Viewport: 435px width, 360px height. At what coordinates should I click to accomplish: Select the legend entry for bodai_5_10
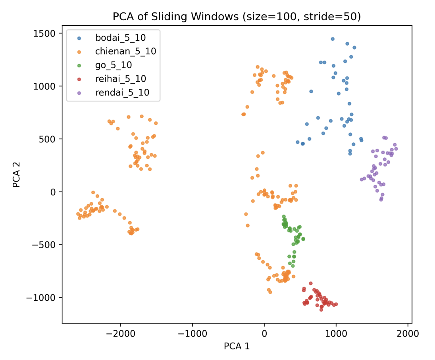(120, 38)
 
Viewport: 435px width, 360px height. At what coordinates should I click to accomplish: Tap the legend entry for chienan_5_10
(125, 52)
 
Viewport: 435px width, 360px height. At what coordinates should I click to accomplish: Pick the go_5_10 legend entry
(114, 65)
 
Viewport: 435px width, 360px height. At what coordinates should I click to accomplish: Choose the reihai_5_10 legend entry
(121, 79)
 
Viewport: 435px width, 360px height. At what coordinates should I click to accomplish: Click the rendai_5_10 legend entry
(122, 93)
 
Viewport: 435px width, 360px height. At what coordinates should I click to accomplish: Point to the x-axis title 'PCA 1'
(237, 346)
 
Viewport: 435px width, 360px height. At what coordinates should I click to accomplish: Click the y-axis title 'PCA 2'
(16, 174)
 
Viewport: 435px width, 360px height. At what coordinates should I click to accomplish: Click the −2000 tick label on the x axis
(121, 333)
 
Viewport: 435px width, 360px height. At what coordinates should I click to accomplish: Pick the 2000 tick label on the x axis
(408, 333)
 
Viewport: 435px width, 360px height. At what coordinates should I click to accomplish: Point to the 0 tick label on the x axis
(264, 333)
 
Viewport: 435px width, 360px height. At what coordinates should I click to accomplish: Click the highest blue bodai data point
(333, 39)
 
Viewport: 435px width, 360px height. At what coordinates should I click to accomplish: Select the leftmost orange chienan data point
(78, 214)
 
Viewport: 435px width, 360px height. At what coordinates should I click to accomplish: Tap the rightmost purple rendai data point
(396, 149)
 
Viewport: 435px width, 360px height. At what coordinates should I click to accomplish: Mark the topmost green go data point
(284, 216)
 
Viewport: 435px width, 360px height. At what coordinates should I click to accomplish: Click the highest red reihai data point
(310, 283)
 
